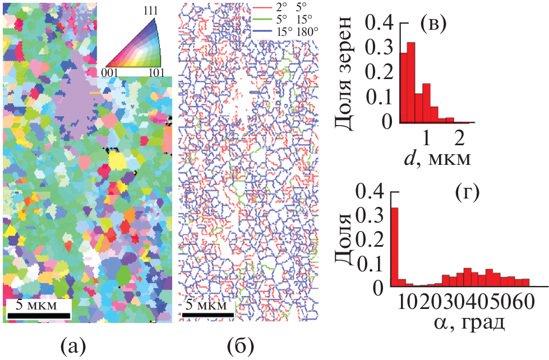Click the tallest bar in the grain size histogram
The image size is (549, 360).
[410, 82]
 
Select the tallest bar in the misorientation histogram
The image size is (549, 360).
[394, 247]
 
